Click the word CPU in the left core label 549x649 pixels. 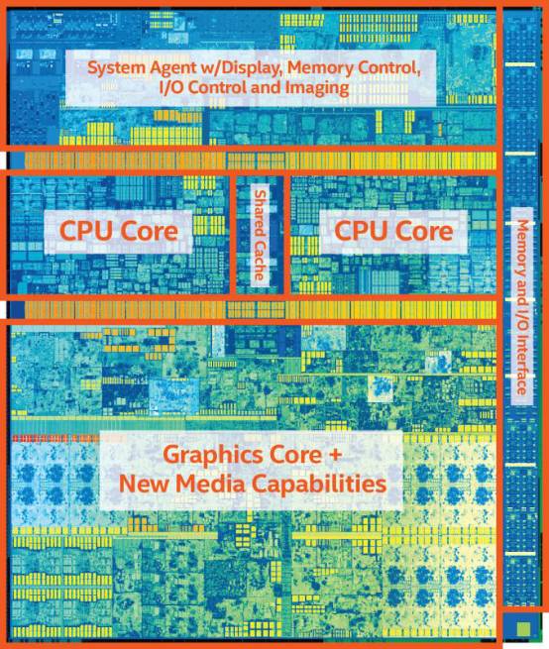(x=83, y=231)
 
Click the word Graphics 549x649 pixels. (x=214, y=456)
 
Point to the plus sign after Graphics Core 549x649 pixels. (x=335, y=455)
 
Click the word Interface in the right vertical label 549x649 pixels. (x=521, y=365)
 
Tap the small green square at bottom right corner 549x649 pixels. (x=522, y=627)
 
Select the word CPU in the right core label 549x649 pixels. (x=359, y=231)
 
